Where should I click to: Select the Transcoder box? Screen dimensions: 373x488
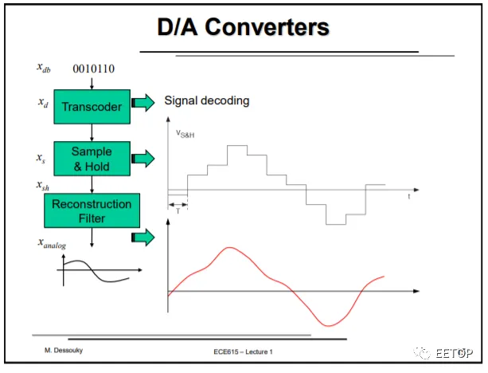(x=92, y=106)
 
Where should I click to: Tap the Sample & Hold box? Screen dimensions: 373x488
(x=92, y=158)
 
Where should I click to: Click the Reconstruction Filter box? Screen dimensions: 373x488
(x=91, y=210)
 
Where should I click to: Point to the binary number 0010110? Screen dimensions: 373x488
(x=94, y=69)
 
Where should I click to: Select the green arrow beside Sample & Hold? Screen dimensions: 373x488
(x=143, y=158)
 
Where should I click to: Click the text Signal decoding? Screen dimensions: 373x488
(x=207, y=100)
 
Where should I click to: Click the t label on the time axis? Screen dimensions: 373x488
(x=408, y=195)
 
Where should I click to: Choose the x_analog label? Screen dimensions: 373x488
(x=54, y=241)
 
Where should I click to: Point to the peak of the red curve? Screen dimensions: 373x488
(x=230, y=248)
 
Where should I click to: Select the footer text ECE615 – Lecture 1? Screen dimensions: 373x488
(x=243, y=351)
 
